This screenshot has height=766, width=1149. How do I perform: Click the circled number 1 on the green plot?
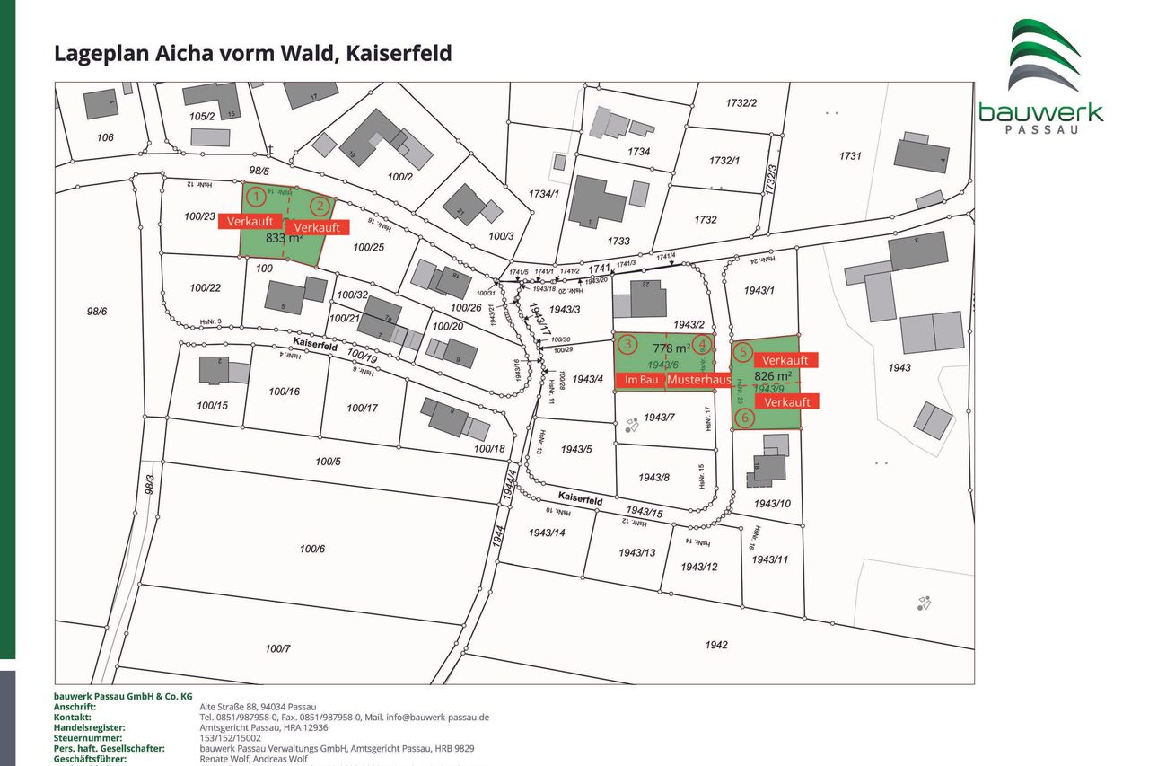(x=257, y=195)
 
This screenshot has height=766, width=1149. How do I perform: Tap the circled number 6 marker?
(x=743, y=417)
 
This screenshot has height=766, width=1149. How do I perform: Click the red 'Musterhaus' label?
(x=698, y=380)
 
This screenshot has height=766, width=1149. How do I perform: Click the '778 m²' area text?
(x=671, y=348)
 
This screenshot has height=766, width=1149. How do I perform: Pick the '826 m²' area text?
(x=772, y=375)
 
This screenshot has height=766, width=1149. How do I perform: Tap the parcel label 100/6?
(x=312, y=549)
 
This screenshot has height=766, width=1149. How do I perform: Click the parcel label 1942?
(x=716, y=644)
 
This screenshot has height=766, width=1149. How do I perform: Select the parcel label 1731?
(x=850, y=155)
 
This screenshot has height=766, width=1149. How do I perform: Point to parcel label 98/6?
(x=97, y=311)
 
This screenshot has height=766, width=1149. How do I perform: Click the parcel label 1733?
(x=618, y=241)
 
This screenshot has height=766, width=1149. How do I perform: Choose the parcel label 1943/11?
(x=769, y=559)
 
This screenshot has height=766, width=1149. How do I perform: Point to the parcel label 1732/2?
(x=741, y=103)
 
